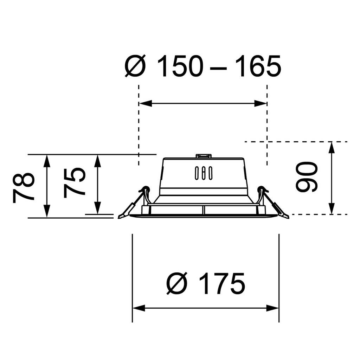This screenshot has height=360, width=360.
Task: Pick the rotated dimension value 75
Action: [75, 181]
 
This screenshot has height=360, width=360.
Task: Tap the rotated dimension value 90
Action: [307, 177]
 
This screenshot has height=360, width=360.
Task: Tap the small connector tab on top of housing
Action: [204, 155]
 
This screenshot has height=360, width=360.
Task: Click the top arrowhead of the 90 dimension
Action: [331, 148]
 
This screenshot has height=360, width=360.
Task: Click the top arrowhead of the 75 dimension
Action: [98, 160]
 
